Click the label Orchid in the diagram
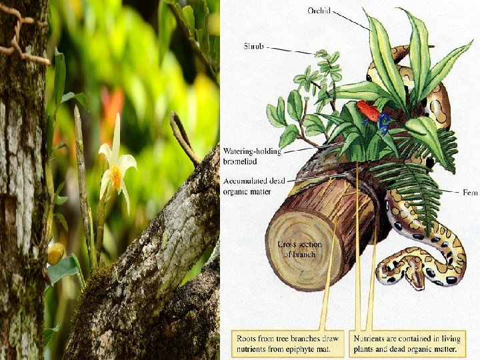coord(319,11)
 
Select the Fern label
coord(471,192)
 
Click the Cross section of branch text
coord(299,249)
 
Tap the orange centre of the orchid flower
coord(117,177)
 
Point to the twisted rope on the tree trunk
coord(20,37)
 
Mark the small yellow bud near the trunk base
coord(56,253)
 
